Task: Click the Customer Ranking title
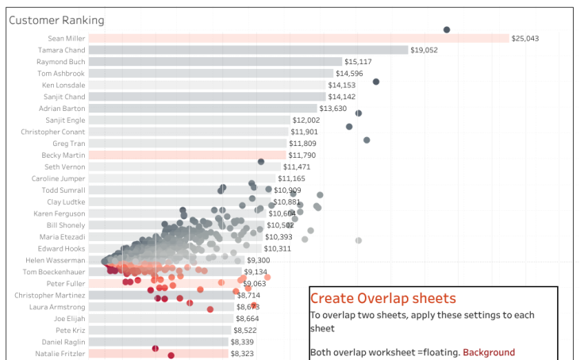[x=56, y=20]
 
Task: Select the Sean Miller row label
[x=65, y=38]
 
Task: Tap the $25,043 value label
[x=524, y=38]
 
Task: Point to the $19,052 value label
[x=424, y=50]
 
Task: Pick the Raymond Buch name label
[x=61, y=61]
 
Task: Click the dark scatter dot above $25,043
[x=447, y=29]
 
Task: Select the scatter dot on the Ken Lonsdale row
[x=376, y=82]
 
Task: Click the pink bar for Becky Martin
[x=186, y=155]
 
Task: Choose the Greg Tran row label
[x=69, y=144]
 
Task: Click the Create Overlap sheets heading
[x=382, y=298]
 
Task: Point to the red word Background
[x=489, y=352]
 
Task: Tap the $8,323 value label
[x=243, y=354]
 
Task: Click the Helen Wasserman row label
[x=56, y=260]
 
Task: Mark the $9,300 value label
[x=258, y=260]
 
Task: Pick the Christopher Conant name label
[x=53, y=132]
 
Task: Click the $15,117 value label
[x=358, y=62]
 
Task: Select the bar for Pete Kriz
[x=159, y=330]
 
